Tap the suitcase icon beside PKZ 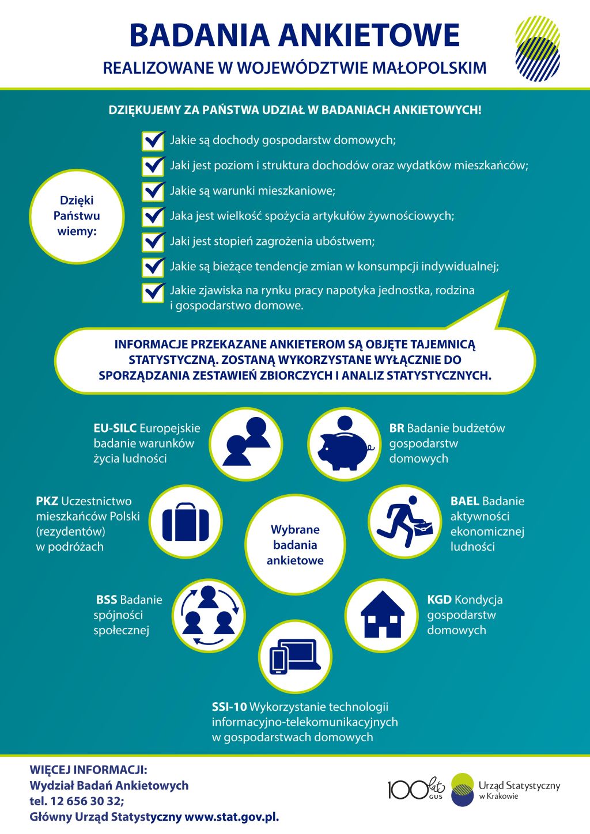coord(186,521)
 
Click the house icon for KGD coord(383,615)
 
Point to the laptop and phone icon coord(295,657)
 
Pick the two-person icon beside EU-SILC coord(246,442)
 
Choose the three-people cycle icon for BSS coord(209,616)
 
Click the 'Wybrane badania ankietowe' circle coord(295,545)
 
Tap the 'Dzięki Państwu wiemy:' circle coord(77,217)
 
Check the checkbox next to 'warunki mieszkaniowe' coord(153,192)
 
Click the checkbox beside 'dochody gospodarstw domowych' coord(153,141)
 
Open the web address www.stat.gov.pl coord(232,817)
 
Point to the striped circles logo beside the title coord(538,48)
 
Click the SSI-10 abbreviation coord(229,706)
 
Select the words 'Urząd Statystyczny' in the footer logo coord(519,786)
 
